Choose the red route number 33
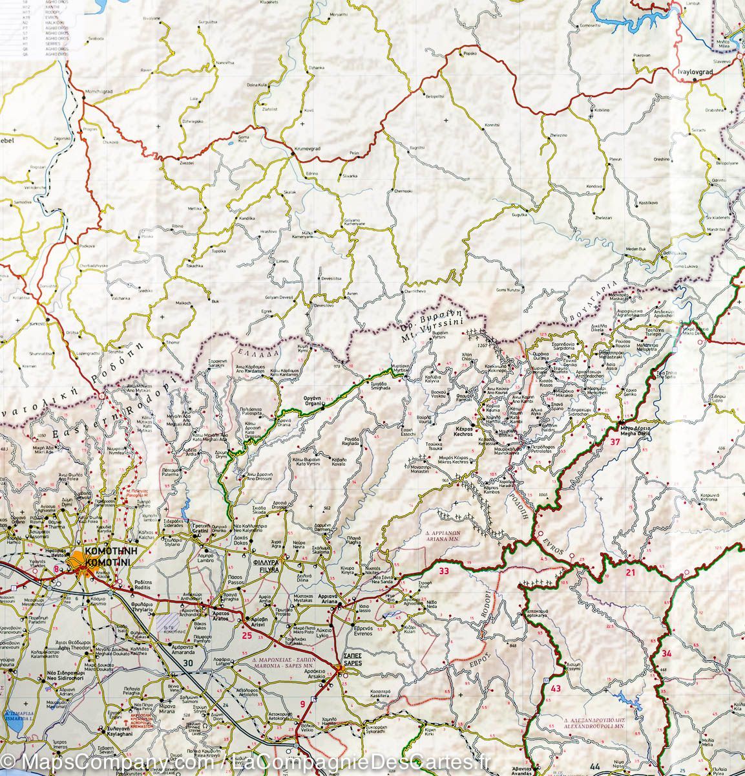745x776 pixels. coord(443,571)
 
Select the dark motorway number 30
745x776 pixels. coord(188,662)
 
